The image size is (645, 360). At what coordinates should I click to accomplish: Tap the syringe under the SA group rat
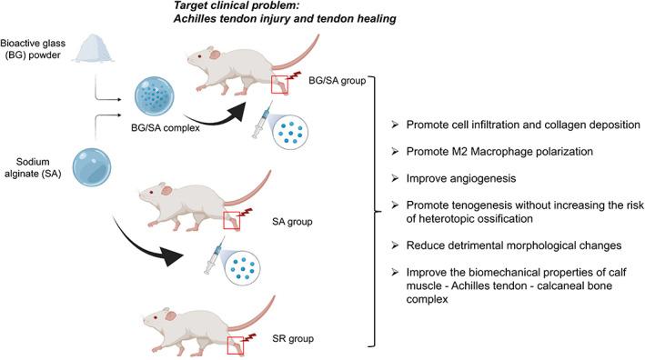pyautogui.click(x=211, y=257)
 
